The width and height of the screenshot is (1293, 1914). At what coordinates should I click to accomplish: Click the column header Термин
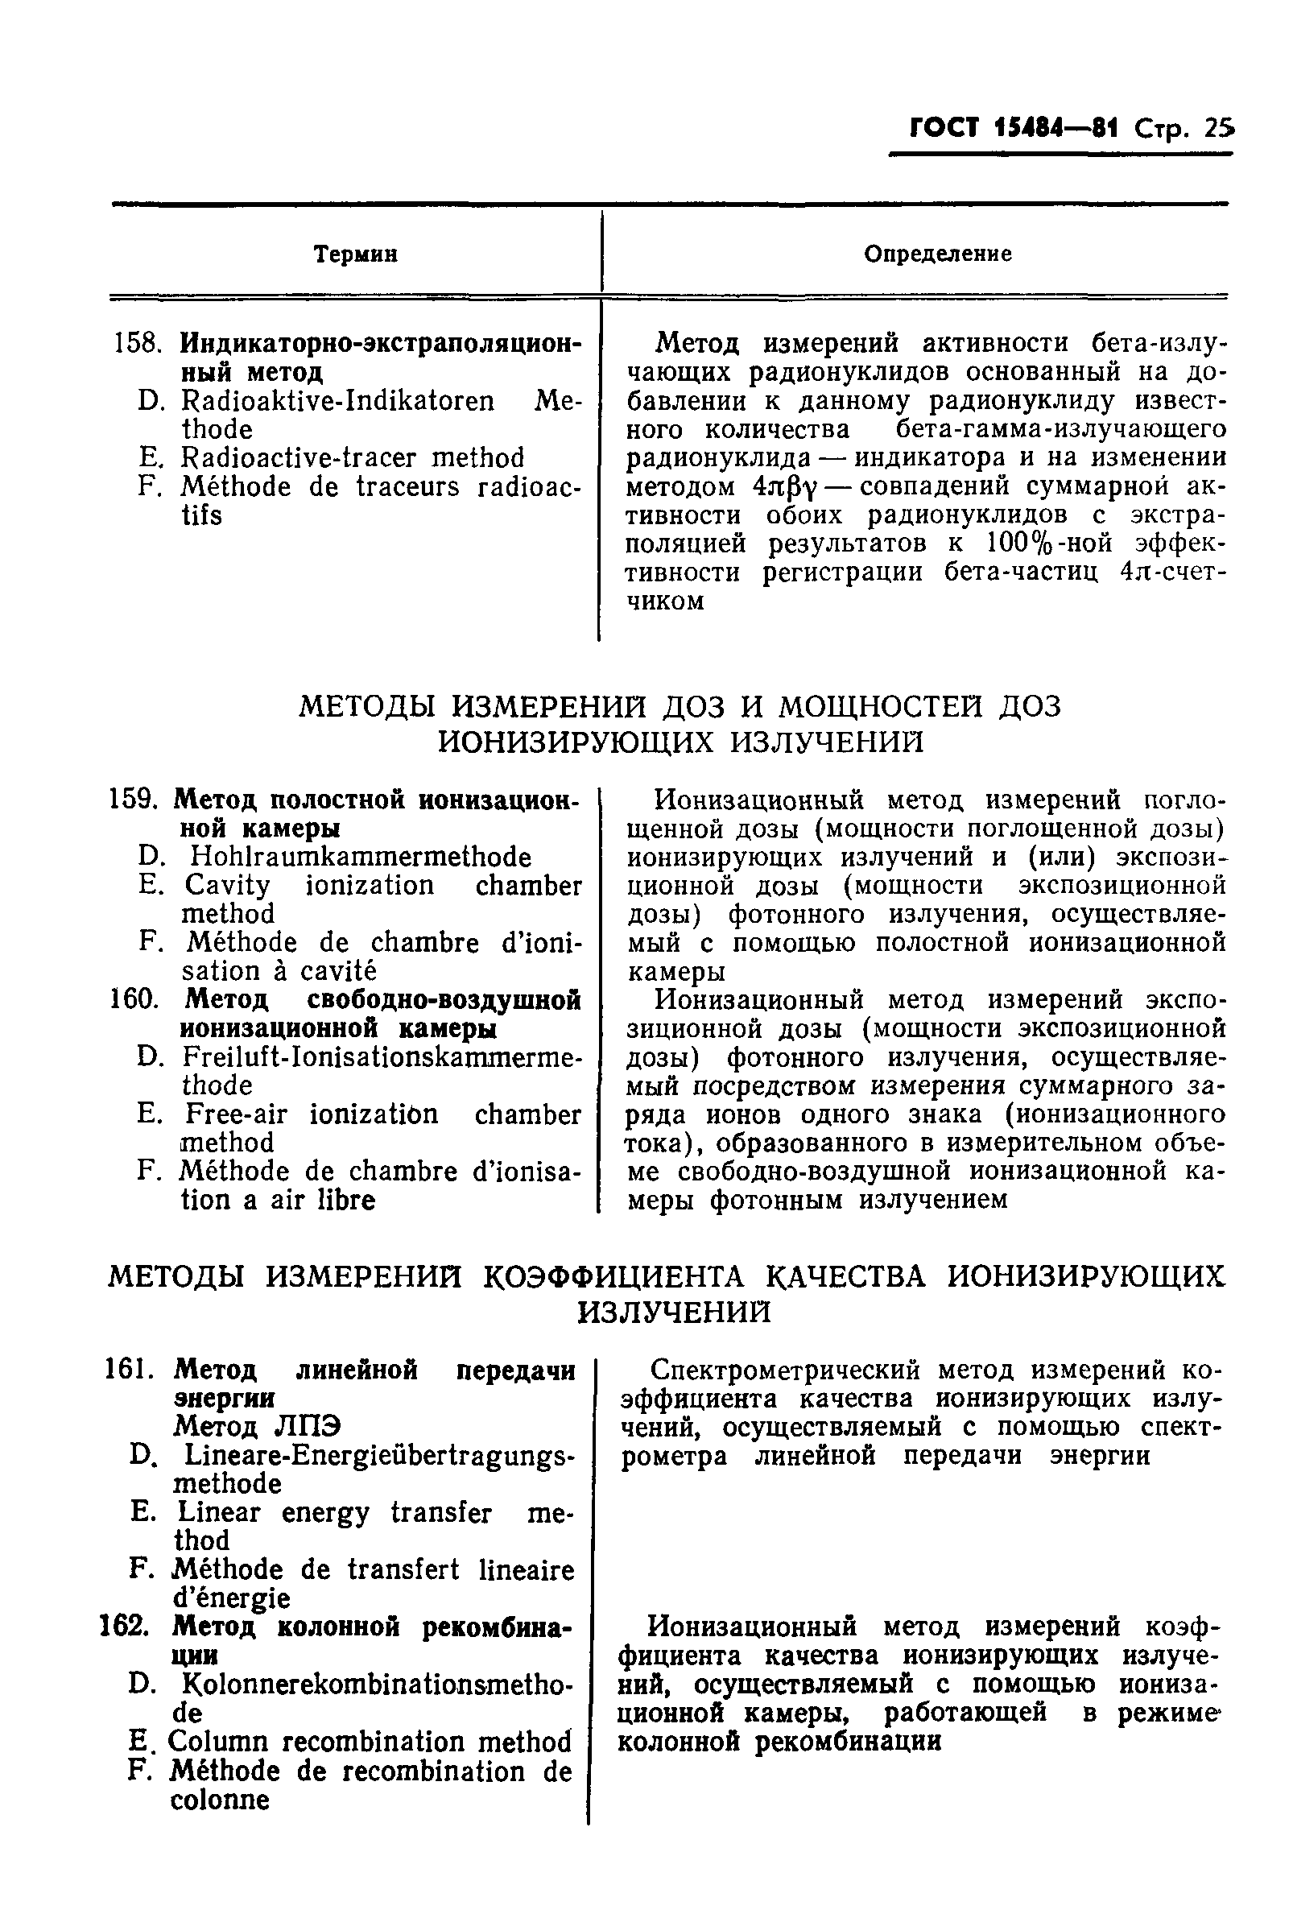click(x=355, y=254)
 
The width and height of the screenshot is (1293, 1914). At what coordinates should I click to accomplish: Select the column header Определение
click(x=937, y=254)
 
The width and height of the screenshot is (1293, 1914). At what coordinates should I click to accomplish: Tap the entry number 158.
click(x=134, y=342)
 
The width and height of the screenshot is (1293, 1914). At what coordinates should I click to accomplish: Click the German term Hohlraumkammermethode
click(x=360, y=857)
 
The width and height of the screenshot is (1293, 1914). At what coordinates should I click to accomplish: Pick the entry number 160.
click(x=133, y=1000)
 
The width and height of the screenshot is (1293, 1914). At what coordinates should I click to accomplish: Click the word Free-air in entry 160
click(x=236, y=1114)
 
